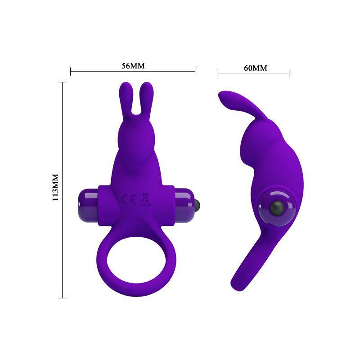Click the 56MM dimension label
tap(133, 66)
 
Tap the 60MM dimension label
tap(255, 68)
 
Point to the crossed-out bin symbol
tap(145, 198)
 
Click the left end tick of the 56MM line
tap(71, 71)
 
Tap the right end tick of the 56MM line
tap(195, 71)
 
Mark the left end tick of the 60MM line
tap(219, 73)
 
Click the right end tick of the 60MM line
tap(289, 73)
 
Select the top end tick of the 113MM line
tap(62, 82)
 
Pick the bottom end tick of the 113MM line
tap(62, 297)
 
